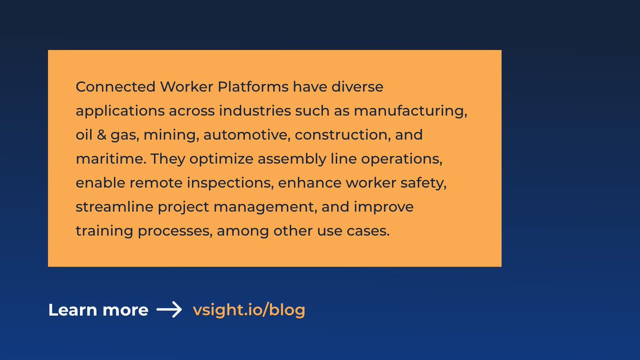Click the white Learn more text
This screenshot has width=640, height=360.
98,310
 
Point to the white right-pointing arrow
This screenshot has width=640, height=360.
170,310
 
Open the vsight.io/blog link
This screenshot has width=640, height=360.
249,310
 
